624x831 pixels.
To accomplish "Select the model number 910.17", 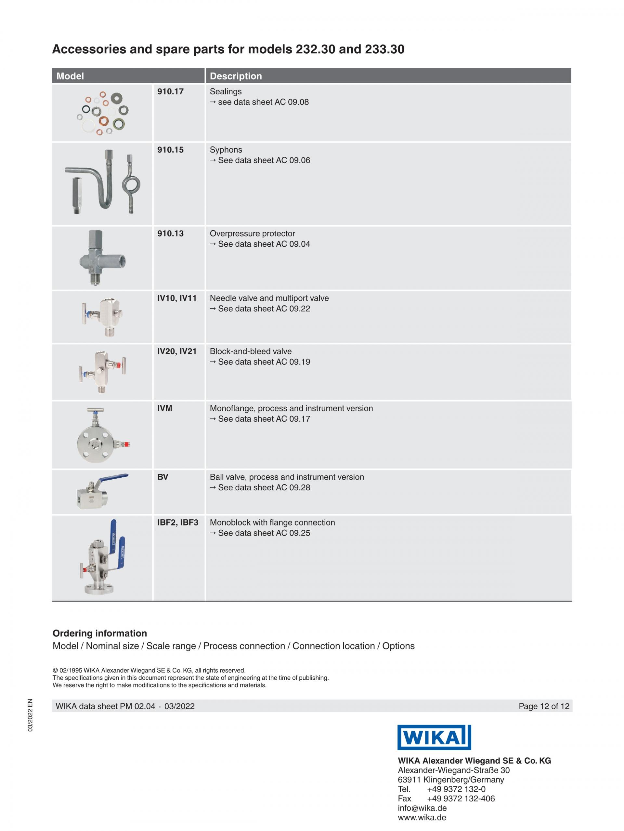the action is pyautogui.click(x=170, y=91).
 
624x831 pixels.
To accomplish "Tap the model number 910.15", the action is pyautogui.click(x=170, y=150).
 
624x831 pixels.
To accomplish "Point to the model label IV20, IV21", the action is pyautogui.click(x=177, y=351).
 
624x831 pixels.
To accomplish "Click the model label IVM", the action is pyautogui.click(x=165, y=408).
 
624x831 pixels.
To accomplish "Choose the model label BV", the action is pyautogui.click(x=163, y=477).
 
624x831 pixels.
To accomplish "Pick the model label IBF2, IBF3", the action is pyautogui.click(x=178, y=523).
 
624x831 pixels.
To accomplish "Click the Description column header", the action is pyautogui.click(x=236, y=76).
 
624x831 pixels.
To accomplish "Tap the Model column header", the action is pyautogui.click(x=70, y=76).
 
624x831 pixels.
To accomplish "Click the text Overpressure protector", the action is pyautogui.click(x=253, y=233).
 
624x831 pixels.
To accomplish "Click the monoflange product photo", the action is pyautogui.click(x=102, y=435).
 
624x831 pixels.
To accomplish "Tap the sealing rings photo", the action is pyautogui.click(x=102, y=113).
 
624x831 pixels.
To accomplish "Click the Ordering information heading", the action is pyautogui.click(x=100, y=633).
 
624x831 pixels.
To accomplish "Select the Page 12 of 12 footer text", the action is pyautogui.click(x=544, y=706).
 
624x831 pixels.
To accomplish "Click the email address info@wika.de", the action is pyautogui.click(x=422, y=808).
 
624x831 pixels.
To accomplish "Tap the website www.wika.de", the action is pyautogui.click(x=422, y=817).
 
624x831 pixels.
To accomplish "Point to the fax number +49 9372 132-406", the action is pyautogui.click(x=461, y=799).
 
